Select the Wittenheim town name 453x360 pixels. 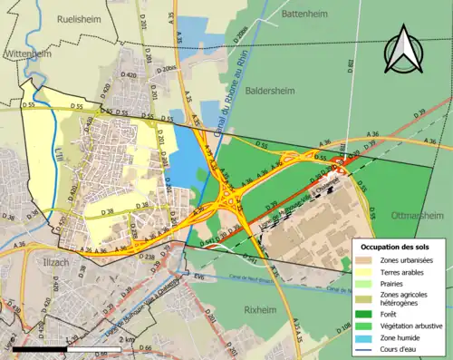pyautogui.click(x=27, y=54)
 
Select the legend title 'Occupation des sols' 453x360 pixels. pyautogui.click(x=396, y=246)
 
